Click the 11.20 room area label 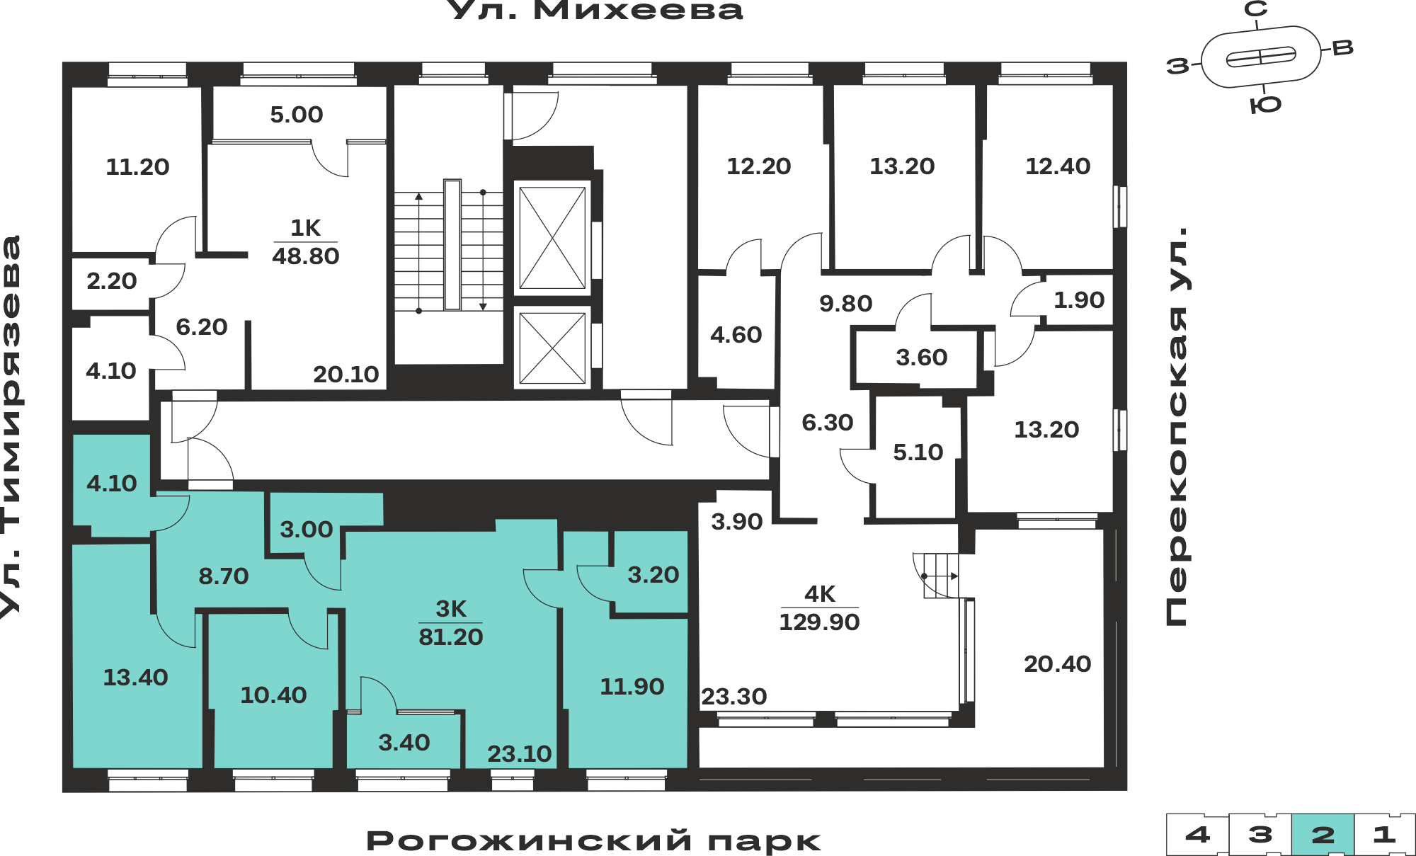coord(137,167)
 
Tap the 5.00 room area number coord(297,115)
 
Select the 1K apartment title coord(306,228)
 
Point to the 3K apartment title coord(451,609)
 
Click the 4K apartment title coord(820,594)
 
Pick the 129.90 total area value coord(819,622)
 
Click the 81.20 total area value coord(451,637)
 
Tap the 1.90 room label coord(1079,300)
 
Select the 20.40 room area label coord(1058,664)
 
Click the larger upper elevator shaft coord(552,238)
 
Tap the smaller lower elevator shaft coord(552,348)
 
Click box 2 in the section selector coord(1323,835)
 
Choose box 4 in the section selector coord(1197,835)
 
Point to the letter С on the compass coord(1256,9)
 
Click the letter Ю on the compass coord(1266,105)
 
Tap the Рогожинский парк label coord(593,841)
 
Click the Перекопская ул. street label coord(1177,426)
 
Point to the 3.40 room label coord(404,743)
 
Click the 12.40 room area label coord(1058,166)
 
